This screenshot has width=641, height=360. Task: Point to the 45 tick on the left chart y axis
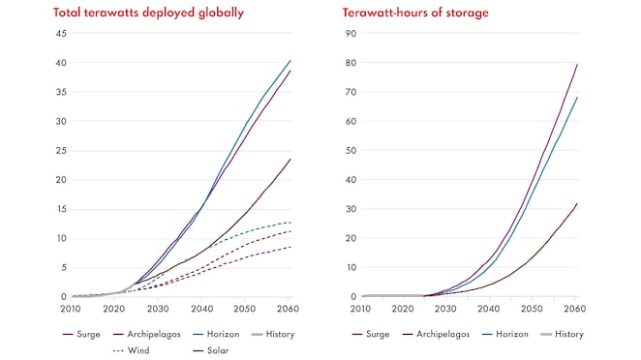click(x=60, y=34)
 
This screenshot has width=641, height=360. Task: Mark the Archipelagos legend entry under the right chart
click(x=442, y=334)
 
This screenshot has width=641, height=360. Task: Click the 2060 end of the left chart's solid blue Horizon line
click(x=290, y=61)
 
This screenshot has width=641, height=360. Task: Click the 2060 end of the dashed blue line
click(x=290, y=223)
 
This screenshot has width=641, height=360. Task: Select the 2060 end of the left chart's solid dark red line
click(x=290, y=159)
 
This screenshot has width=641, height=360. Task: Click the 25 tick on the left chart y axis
click(x=60, y=151)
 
